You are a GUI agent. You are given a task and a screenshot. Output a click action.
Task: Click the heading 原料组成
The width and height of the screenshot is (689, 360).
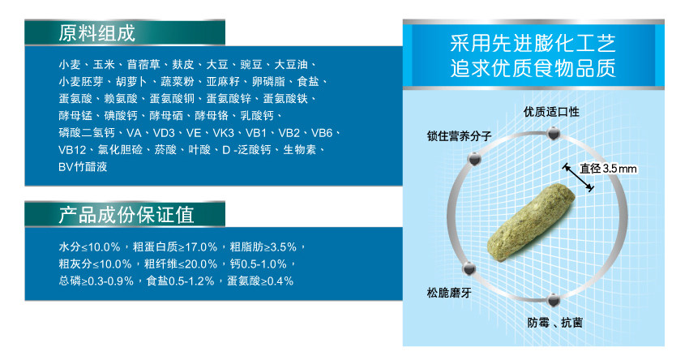96,33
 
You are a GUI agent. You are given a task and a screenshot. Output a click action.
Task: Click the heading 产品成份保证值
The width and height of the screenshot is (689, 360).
126,215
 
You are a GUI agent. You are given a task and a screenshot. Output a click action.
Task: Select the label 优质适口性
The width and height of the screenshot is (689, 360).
551,112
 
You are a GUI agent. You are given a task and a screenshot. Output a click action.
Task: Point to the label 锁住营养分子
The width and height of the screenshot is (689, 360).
459,136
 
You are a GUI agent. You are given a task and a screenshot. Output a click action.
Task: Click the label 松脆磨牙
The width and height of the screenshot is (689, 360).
448,293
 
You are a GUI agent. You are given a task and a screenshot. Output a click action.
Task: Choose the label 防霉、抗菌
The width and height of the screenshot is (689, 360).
555,323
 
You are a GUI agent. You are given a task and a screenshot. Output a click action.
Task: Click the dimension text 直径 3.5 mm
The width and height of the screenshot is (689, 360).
608,169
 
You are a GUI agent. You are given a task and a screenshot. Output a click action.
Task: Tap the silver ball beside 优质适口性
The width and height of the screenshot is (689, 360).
553,133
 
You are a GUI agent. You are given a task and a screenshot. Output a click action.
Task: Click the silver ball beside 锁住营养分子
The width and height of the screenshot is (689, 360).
474,159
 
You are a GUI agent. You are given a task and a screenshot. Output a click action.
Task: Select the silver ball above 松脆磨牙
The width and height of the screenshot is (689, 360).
469,268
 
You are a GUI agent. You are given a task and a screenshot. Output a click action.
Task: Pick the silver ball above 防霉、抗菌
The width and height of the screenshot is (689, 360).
553,301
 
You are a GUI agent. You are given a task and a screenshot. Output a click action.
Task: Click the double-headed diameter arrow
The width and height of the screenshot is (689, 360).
579,178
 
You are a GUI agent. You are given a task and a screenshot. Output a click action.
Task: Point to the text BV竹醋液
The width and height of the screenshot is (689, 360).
83,166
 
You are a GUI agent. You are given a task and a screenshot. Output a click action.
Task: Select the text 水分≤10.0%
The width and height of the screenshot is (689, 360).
90,247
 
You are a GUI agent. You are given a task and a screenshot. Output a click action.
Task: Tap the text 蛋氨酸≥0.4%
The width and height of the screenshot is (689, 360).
260,281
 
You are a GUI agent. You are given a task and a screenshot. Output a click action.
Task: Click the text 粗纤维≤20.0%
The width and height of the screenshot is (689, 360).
181,264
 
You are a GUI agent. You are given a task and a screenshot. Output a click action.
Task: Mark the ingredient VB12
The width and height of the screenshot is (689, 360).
72,150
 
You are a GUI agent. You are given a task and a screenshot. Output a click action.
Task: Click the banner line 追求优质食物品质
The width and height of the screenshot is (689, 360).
533,68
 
